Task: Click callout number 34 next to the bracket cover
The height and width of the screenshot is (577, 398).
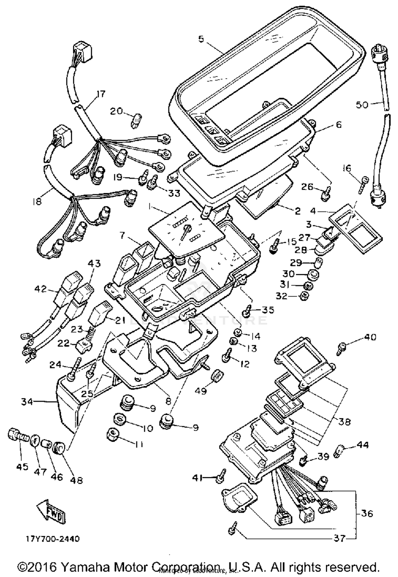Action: pos(27,402)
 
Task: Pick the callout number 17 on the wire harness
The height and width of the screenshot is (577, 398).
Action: pos(101,94)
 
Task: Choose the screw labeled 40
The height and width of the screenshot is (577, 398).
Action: pos(341,348)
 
